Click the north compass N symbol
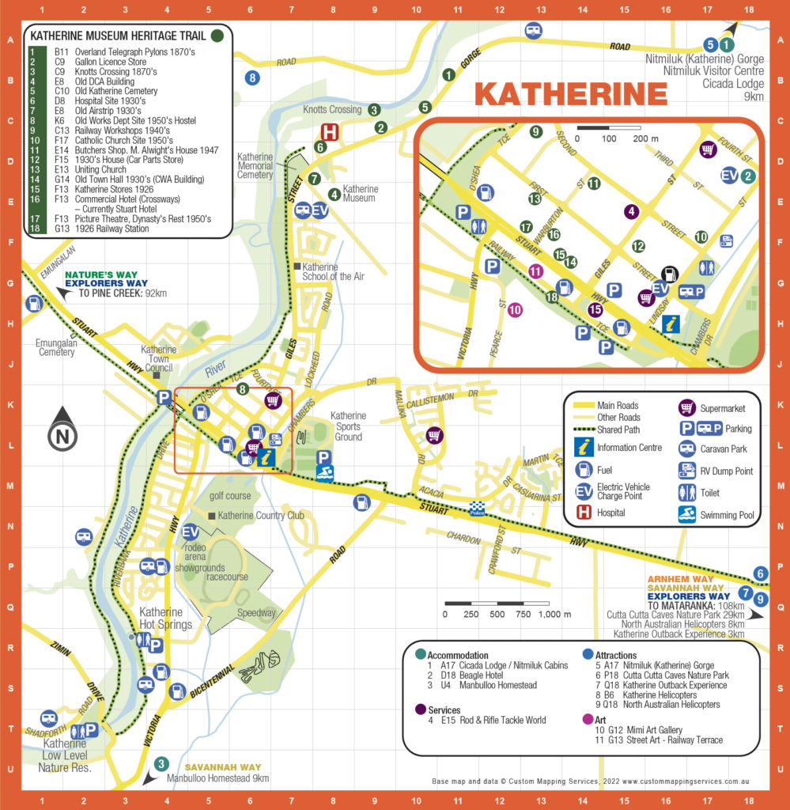pyautogui.click(x=62, y=434)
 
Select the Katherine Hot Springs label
pyautogui.click(x=165, y=618)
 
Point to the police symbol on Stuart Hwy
pyautogui.click(x=476, y=509)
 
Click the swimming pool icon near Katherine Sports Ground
pyautogui.click(x=324, y=473)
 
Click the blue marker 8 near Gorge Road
pyautogui.click(x=252, y=78)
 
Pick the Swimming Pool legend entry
pyautogui.click(x=727, y=515)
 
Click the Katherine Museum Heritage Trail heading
pyautogui.click(x=118, y=36)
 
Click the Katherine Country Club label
pyautogui.click(x=261, y=516)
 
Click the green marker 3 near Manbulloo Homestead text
pyautogui.click(x=161, y=763)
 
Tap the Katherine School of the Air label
pyautogui.click(x=332, y=271)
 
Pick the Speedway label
pyautogui.click(x=256, y=612)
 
